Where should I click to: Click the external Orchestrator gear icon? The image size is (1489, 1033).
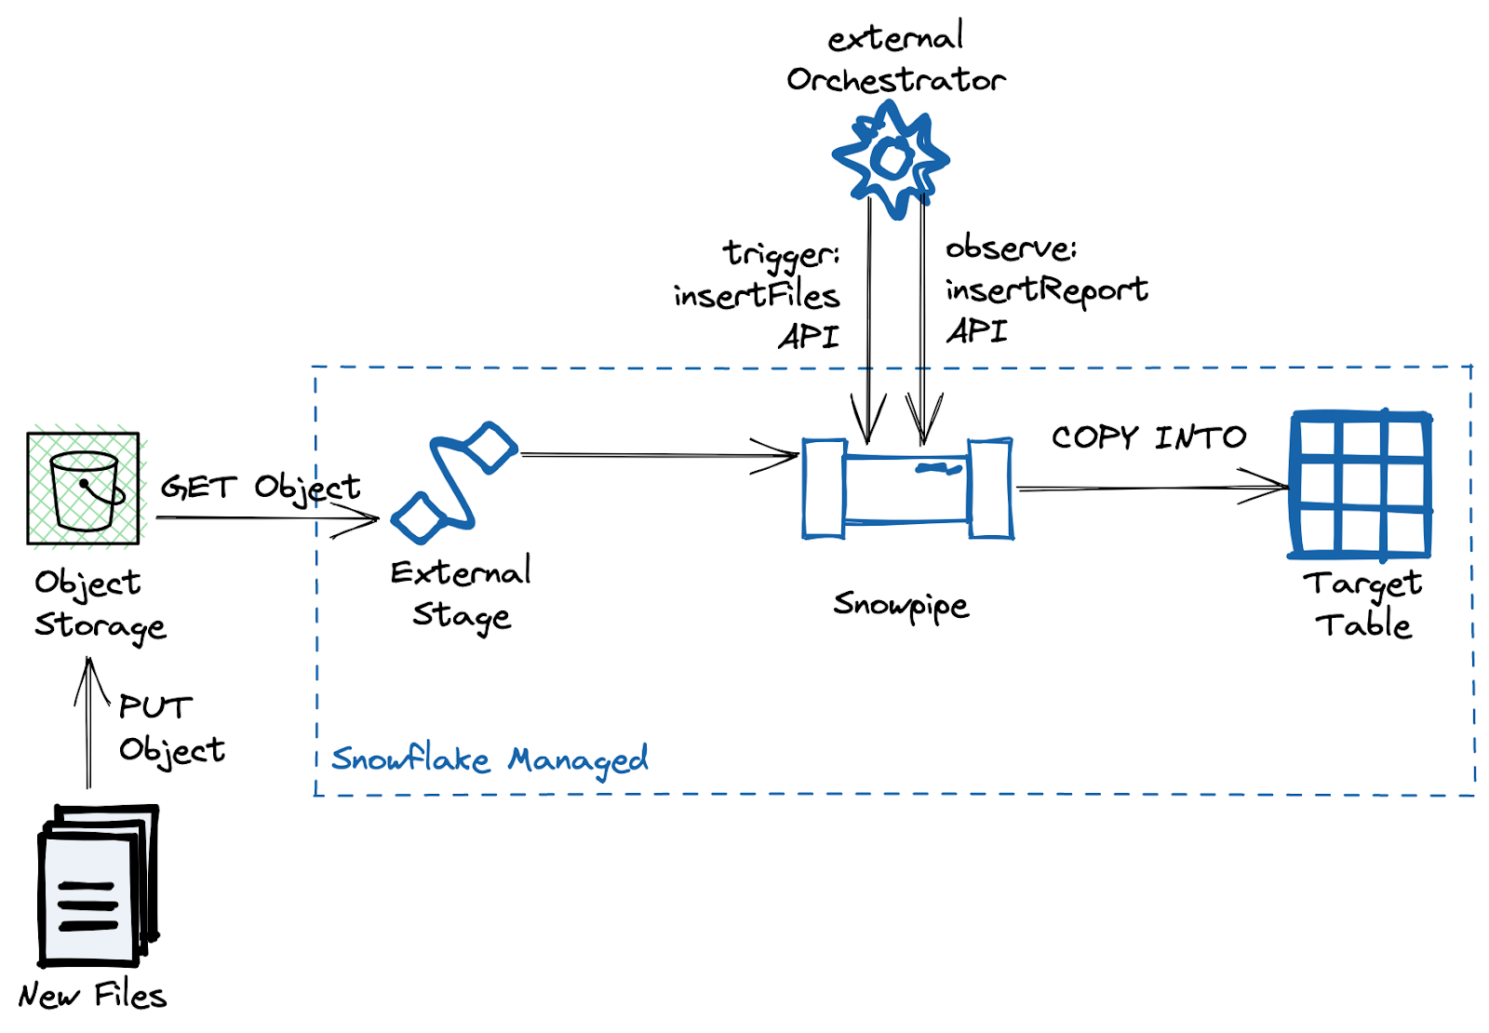pos(891,159)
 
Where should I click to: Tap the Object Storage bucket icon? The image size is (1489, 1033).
pos(84,489)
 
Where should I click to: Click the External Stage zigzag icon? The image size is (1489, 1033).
pos(454,482)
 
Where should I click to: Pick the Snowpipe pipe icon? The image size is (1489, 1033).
pos(907,489)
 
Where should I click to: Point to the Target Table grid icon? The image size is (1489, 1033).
pos(1360,485)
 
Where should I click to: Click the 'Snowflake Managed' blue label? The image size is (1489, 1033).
pos(490,759)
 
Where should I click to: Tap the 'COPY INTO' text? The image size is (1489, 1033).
pos(1148,437)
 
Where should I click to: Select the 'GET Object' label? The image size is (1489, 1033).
pos(261,487)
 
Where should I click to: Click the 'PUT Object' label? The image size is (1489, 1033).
pos(171,729)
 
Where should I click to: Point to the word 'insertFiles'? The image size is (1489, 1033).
pos(756,295)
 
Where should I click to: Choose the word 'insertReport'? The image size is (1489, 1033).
pos(1047,289)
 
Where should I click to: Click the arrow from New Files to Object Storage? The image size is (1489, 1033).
pos(89,726)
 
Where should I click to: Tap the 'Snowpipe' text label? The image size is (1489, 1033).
pos(901,605)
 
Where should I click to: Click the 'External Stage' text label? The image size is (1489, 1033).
pos(462,594)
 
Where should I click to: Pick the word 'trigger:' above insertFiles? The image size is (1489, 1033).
pos(782,253)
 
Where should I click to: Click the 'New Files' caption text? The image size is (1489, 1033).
pos(92,996)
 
